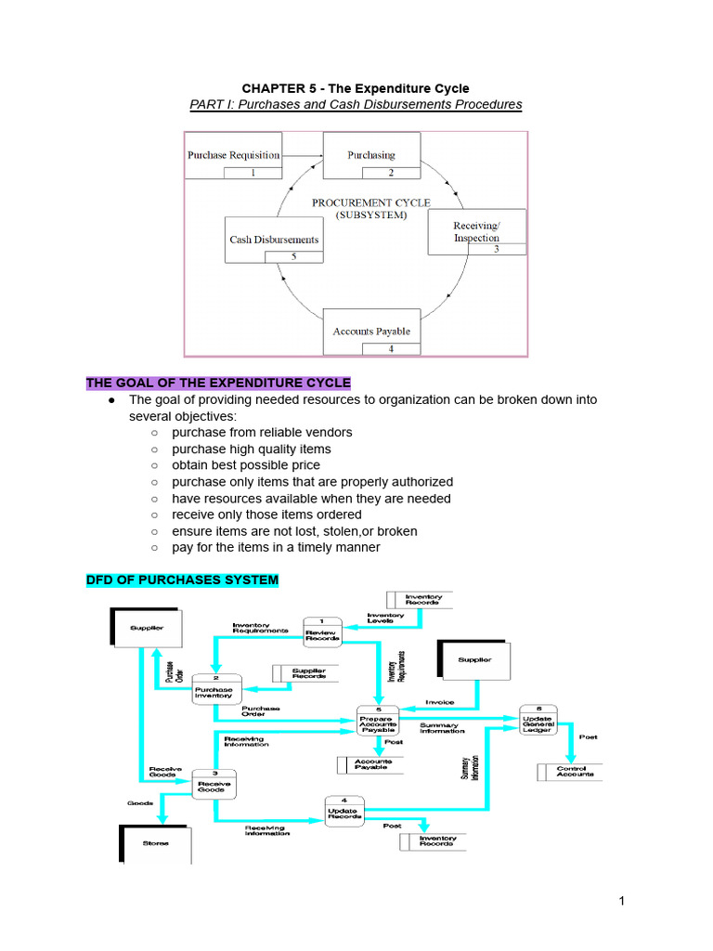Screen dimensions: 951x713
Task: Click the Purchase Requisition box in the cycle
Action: click(233, 161)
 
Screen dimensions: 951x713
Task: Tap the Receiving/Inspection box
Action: click(476, 232)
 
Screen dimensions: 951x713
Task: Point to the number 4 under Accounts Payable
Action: click(391, 348)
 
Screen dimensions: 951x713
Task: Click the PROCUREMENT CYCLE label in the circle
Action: click(358, 207)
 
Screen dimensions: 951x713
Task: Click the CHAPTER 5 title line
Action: click(356, 88)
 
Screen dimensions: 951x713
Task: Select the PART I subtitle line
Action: click(356, 105)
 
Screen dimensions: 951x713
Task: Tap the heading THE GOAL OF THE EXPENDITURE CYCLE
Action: click(218, 383)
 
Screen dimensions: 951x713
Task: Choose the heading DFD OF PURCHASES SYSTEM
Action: click(182, 580)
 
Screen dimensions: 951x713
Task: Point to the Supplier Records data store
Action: click(304, 673)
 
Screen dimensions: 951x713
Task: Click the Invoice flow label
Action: click(439, 702)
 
